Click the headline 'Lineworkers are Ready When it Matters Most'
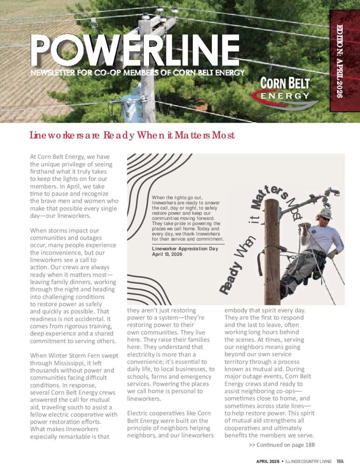click(x=132, y=136)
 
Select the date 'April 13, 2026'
click(x=168, y=255)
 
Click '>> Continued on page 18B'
click(x=282, y=445)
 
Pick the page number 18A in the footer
click(x=340, y=461)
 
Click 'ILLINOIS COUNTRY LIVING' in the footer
click(x=308, y=461)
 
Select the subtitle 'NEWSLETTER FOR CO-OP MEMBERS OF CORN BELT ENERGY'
click(x=137, y=73)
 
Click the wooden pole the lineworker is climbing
click(x=272, y=251)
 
